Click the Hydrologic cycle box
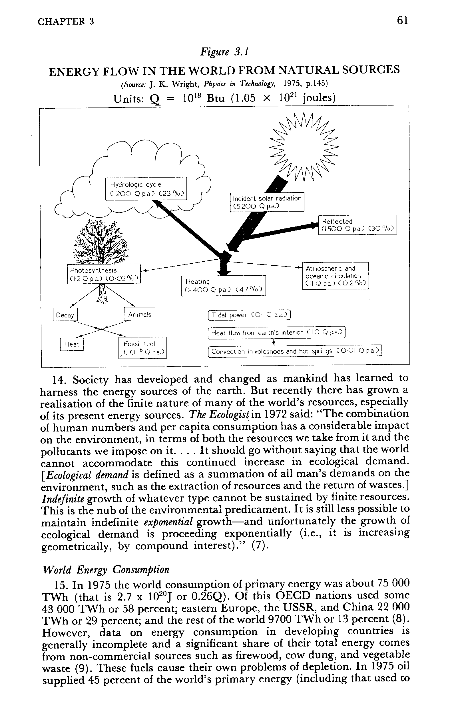pos(146,189)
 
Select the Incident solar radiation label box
pos(267,202)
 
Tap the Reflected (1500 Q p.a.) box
pos(357,225)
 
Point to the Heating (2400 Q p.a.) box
pos(223,285)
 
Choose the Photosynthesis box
pos(104,274)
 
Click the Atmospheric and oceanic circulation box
pos(335,276)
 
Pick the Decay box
pos(65,315)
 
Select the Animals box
pos(139,314)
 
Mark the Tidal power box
pos(249,315)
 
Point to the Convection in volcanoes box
pos(295,351)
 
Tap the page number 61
pos(402,21)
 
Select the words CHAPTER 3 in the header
pos(66,21)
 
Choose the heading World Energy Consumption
pos(106,570)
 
